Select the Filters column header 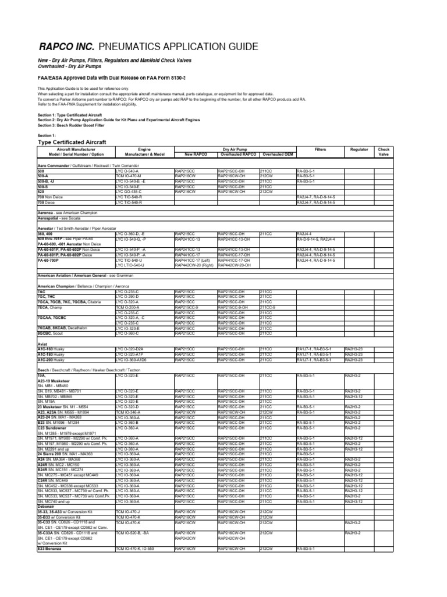coord(320,150)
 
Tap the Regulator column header coord(359,150)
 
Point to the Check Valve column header coord(384,152)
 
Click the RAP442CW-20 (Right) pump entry coord(195,265)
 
